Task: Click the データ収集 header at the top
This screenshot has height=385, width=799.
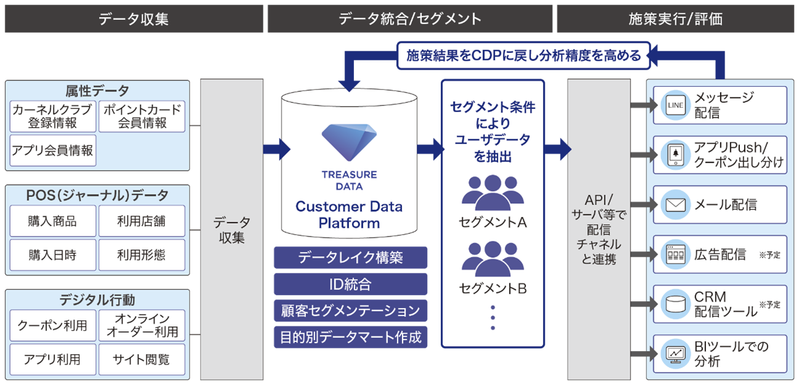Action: [x=133, y=18]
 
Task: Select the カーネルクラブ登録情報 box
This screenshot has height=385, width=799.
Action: [x=52, y=116]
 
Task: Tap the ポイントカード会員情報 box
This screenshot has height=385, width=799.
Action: [x=142, y=116]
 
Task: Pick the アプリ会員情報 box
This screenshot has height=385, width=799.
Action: [x=52, y=150]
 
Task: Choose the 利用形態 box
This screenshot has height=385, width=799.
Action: [x=142, y=255]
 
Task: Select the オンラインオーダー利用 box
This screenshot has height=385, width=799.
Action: [x=142, y=325]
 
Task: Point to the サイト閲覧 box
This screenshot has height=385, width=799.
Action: [x=142, y=360]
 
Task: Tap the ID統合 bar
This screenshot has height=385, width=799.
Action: [x=350, y=284]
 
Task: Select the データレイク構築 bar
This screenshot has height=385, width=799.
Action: [x=350, y=257]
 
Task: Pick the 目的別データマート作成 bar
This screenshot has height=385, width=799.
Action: [x=350, y=337]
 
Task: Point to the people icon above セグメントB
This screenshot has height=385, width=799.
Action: [x=492, y=257]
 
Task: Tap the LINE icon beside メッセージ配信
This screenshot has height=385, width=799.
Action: [x=675, y=105]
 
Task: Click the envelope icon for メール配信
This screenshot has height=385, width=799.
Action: [x=675, y=205]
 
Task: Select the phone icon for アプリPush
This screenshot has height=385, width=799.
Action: [x=675, y=155]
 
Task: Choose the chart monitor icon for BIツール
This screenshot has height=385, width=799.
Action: [x=675, y=354]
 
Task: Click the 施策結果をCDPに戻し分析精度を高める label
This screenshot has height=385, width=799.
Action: [x=523, y=55]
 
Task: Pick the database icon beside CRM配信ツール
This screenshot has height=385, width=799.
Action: [x=675, y=304]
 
